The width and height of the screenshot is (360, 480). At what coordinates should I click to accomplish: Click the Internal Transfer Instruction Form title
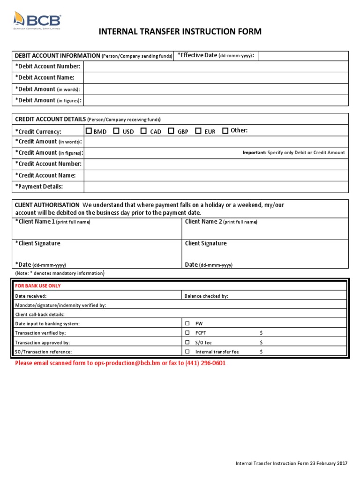click(180, 32)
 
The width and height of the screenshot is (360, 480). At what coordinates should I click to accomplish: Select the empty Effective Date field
click(303, 56)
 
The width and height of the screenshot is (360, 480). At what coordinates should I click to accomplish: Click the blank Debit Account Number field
click(216, 67)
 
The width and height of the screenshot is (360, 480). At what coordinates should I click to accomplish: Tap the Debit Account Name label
click(45, 78)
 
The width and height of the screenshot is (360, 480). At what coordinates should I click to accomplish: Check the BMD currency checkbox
click(89, 131)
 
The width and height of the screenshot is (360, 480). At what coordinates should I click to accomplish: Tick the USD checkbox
click(116, 131)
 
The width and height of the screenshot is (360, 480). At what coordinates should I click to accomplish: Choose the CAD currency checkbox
click(143, 131)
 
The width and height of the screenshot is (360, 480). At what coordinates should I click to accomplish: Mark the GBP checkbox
click(171, 131)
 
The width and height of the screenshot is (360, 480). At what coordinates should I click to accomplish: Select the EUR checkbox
click(198, 131)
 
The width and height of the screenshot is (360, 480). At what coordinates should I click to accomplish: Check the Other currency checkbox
click(225, 131)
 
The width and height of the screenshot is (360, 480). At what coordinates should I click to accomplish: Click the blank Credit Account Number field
click(216, 164)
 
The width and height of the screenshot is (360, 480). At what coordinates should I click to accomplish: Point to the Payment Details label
click(39, 187)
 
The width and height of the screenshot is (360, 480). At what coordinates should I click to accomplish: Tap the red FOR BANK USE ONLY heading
click(38, 286)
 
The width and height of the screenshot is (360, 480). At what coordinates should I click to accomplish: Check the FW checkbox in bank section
click(187, 324)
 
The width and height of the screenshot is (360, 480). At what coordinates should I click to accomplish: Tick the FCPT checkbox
click(187, 333)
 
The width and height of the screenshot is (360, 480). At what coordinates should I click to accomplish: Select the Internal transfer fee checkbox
click(187, 352)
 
